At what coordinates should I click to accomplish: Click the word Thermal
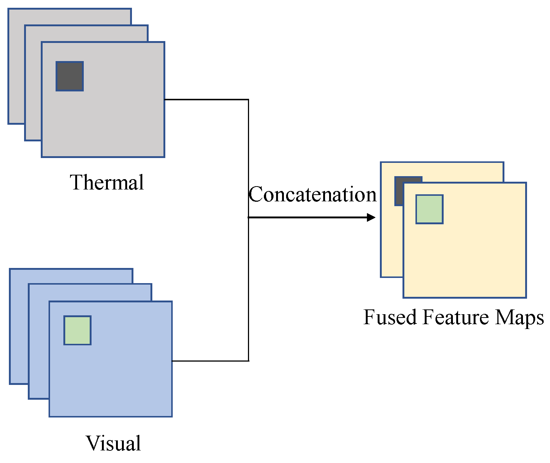[107, 182]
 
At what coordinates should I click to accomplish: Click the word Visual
[113, 443]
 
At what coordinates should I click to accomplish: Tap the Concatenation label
[312, 194]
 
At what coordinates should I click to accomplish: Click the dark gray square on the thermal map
[70, 76]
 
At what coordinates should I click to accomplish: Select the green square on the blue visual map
[77, 330]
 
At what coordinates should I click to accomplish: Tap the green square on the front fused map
[429, 209]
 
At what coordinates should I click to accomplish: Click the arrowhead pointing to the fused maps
[371, 217]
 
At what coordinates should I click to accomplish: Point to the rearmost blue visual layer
[19, 333]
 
